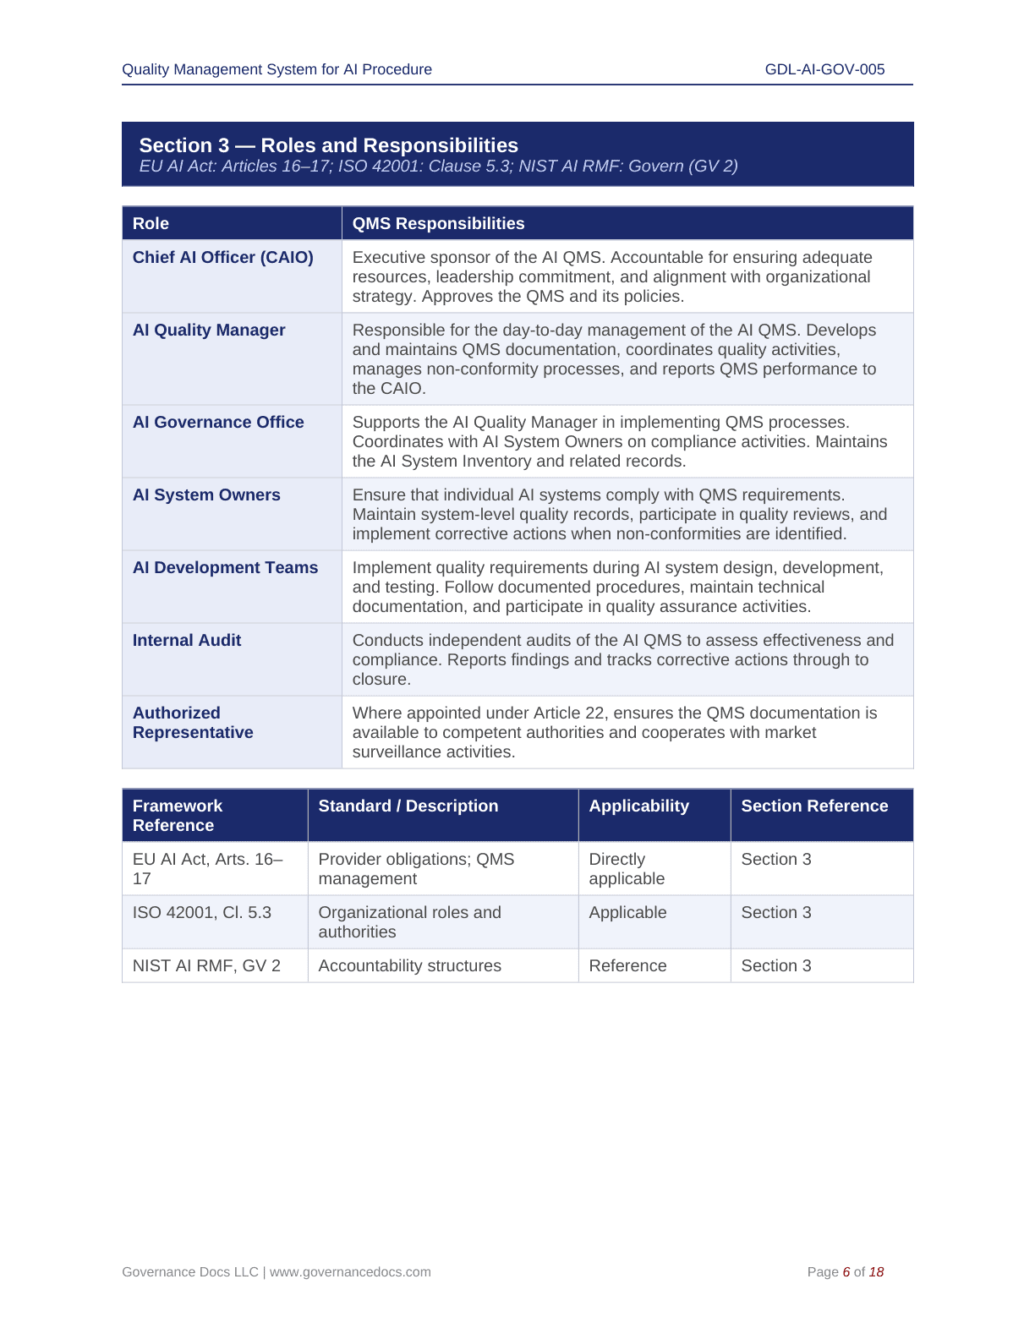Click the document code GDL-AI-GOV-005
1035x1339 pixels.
coord(824,69)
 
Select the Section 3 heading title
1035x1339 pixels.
coord(328,145)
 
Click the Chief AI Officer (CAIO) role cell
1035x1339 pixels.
coord(223,258)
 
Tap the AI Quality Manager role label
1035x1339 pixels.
coord(209,331)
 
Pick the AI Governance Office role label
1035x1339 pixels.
coord(218,423)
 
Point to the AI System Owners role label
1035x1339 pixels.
coord(206,495)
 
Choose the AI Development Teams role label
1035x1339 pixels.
coord(225,568)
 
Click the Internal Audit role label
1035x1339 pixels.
coord(187,641)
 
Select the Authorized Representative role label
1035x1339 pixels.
coord(193,723)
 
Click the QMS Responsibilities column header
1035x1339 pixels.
coord(438,224)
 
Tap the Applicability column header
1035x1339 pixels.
coord(638,806)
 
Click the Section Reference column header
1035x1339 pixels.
coord(814,806)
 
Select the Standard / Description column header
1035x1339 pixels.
coord(408,806)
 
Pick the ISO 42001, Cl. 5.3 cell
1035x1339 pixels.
coord(202,913)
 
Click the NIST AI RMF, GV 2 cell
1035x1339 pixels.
coord(206,966)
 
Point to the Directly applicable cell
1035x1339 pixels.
coord(627,869)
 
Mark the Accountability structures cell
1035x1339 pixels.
coord(409,966)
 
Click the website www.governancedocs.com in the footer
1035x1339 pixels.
coord(350,1272)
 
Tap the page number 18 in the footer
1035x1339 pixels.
coord(876,1272)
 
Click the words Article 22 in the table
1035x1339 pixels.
coord(567,713)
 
